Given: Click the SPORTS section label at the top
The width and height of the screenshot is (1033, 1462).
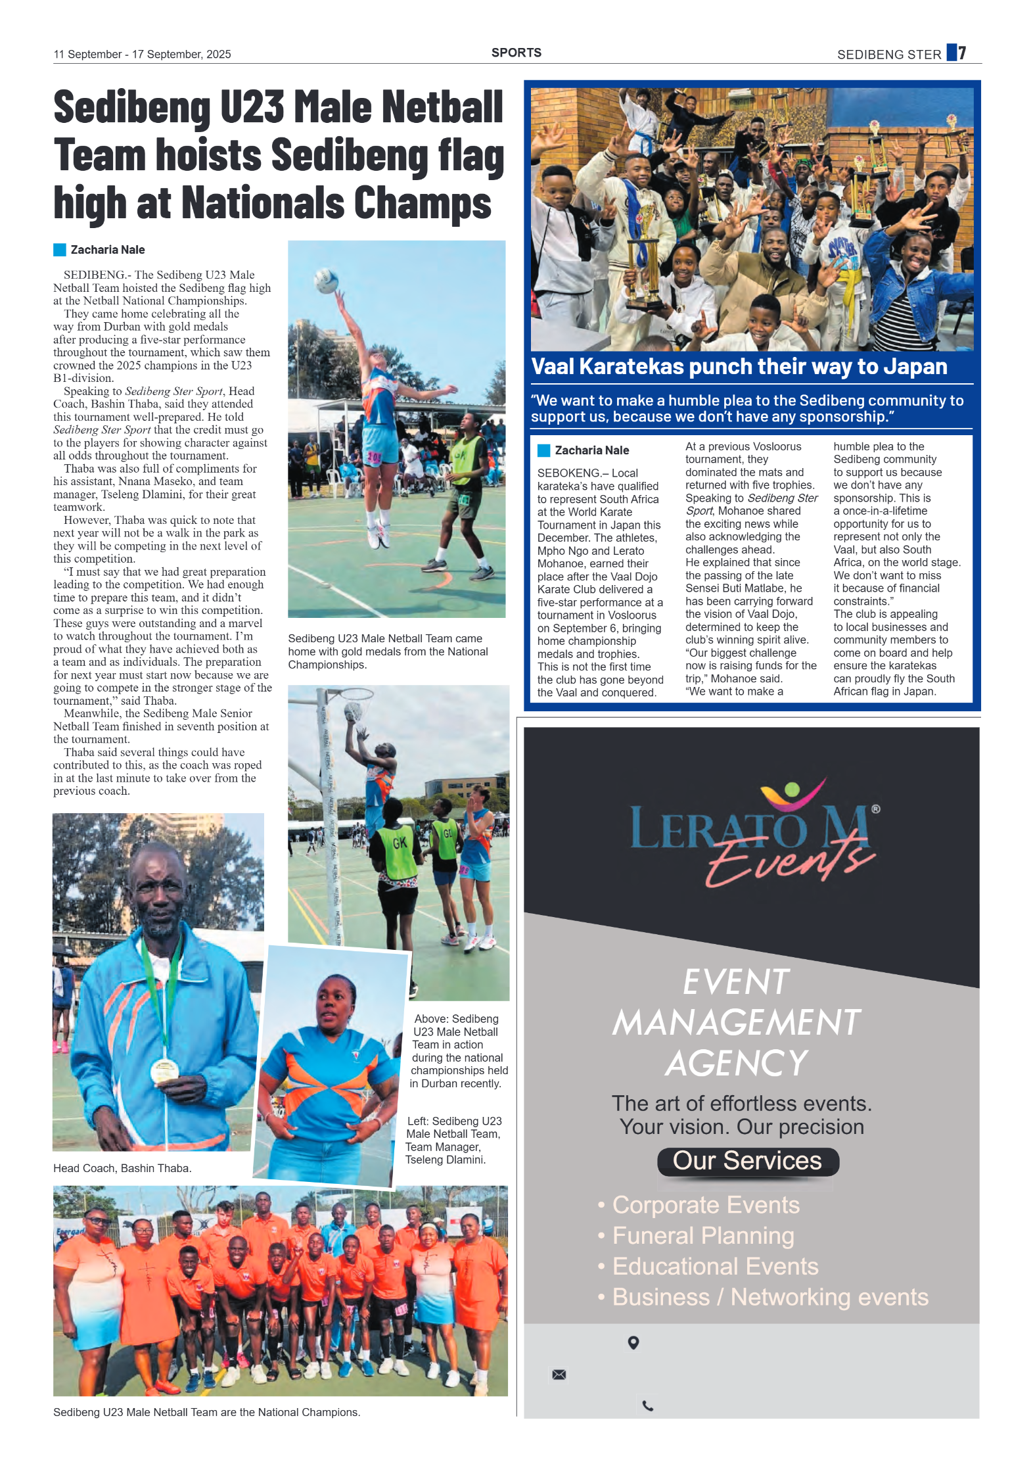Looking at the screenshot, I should [516, 53].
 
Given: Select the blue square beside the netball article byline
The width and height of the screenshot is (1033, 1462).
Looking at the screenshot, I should [60, 250].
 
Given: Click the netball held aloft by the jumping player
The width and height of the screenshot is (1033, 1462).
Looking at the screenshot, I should [327, 281].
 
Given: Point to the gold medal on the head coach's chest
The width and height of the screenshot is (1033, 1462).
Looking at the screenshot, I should [164, 1071].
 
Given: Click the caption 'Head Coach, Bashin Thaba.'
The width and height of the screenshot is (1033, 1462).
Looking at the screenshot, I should [122, 1168].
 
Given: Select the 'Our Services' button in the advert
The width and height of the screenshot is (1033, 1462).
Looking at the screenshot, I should [747, 1161].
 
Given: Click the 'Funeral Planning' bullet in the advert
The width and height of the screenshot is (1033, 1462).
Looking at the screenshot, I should [702, 1236].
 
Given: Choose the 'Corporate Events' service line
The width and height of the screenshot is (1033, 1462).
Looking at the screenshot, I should [705, 1205].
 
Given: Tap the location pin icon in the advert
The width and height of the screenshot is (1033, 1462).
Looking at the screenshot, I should [633, 1342].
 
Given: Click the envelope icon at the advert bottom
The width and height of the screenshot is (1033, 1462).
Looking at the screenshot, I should [559, 1375].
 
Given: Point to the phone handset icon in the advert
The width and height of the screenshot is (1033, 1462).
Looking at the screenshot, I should [647, 1406].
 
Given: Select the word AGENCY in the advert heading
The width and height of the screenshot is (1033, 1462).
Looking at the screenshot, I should [737, 1063].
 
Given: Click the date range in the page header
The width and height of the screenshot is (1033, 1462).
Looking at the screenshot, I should [142, 55].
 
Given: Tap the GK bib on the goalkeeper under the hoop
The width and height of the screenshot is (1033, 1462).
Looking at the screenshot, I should [400, 843].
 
